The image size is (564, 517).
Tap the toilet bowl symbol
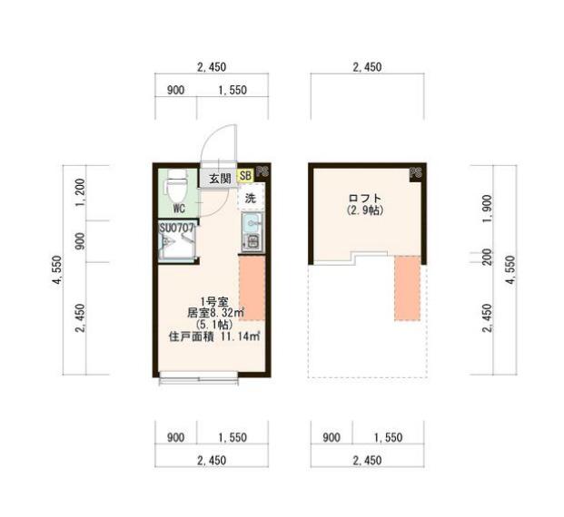click(x=177, y=188)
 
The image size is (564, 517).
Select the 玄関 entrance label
click(x=219, y=178)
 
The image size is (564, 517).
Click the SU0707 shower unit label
click(x=178, y=229)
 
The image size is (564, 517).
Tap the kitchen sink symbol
click(x=252, y=223)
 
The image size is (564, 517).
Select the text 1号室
click(x=213, y=303)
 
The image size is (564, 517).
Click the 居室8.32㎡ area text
click(x=212, y=314)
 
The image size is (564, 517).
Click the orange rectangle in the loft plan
click(x=407, y=288)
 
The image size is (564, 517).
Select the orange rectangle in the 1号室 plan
click(x=251, y=288)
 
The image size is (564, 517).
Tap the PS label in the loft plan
click(x=416, y=171)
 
